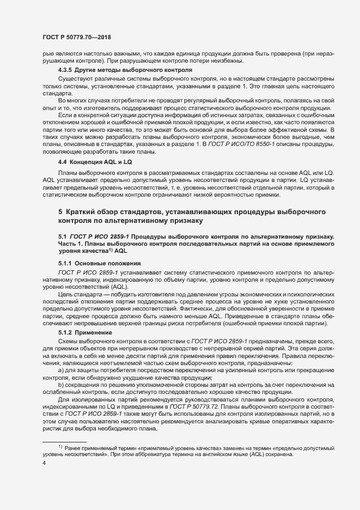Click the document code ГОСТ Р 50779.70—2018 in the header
tap(77, 36)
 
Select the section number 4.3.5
tap(65, 71)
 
